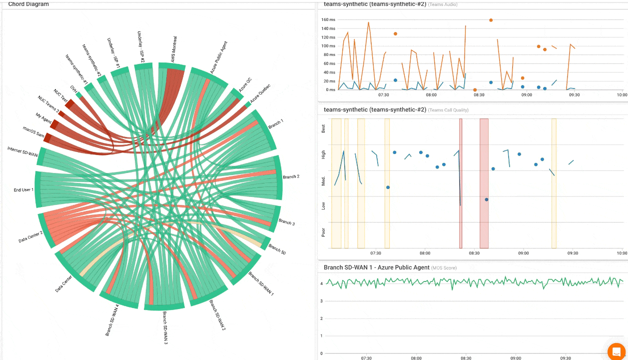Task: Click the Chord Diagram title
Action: pos(28,4)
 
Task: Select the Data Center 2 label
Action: pos(31,237)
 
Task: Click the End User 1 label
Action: pos(23,190)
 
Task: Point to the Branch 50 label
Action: pos(277,249)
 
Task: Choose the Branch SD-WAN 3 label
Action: pos(165,327)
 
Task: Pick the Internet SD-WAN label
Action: pos(22,151)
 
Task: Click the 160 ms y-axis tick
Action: pos(328,20)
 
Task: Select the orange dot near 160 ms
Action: pos(491,20)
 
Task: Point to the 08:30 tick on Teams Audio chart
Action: pos(479,94)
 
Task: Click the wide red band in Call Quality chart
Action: pos(484,183)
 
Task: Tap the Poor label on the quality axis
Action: pos(323,232)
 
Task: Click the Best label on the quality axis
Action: pos(323,128)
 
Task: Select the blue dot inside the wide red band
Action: pos(486,199)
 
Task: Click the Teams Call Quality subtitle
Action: pos(448,110)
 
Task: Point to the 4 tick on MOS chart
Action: pos(321,283)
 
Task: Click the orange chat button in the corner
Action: pos(617,351)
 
